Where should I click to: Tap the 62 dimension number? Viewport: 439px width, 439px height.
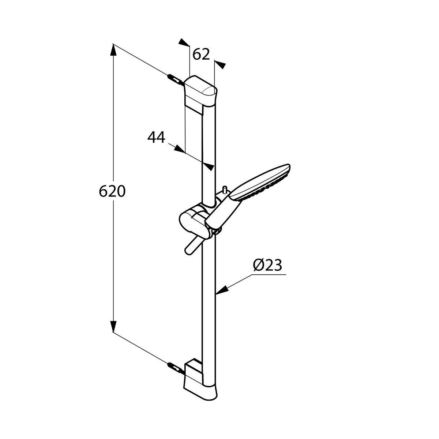[201, 55]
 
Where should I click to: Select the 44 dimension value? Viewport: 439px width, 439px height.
[156, 138]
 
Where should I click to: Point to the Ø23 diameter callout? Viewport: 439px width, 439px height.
[267, 265]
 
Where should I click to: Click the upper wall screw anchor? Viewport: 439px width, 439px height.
[175, 80]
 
